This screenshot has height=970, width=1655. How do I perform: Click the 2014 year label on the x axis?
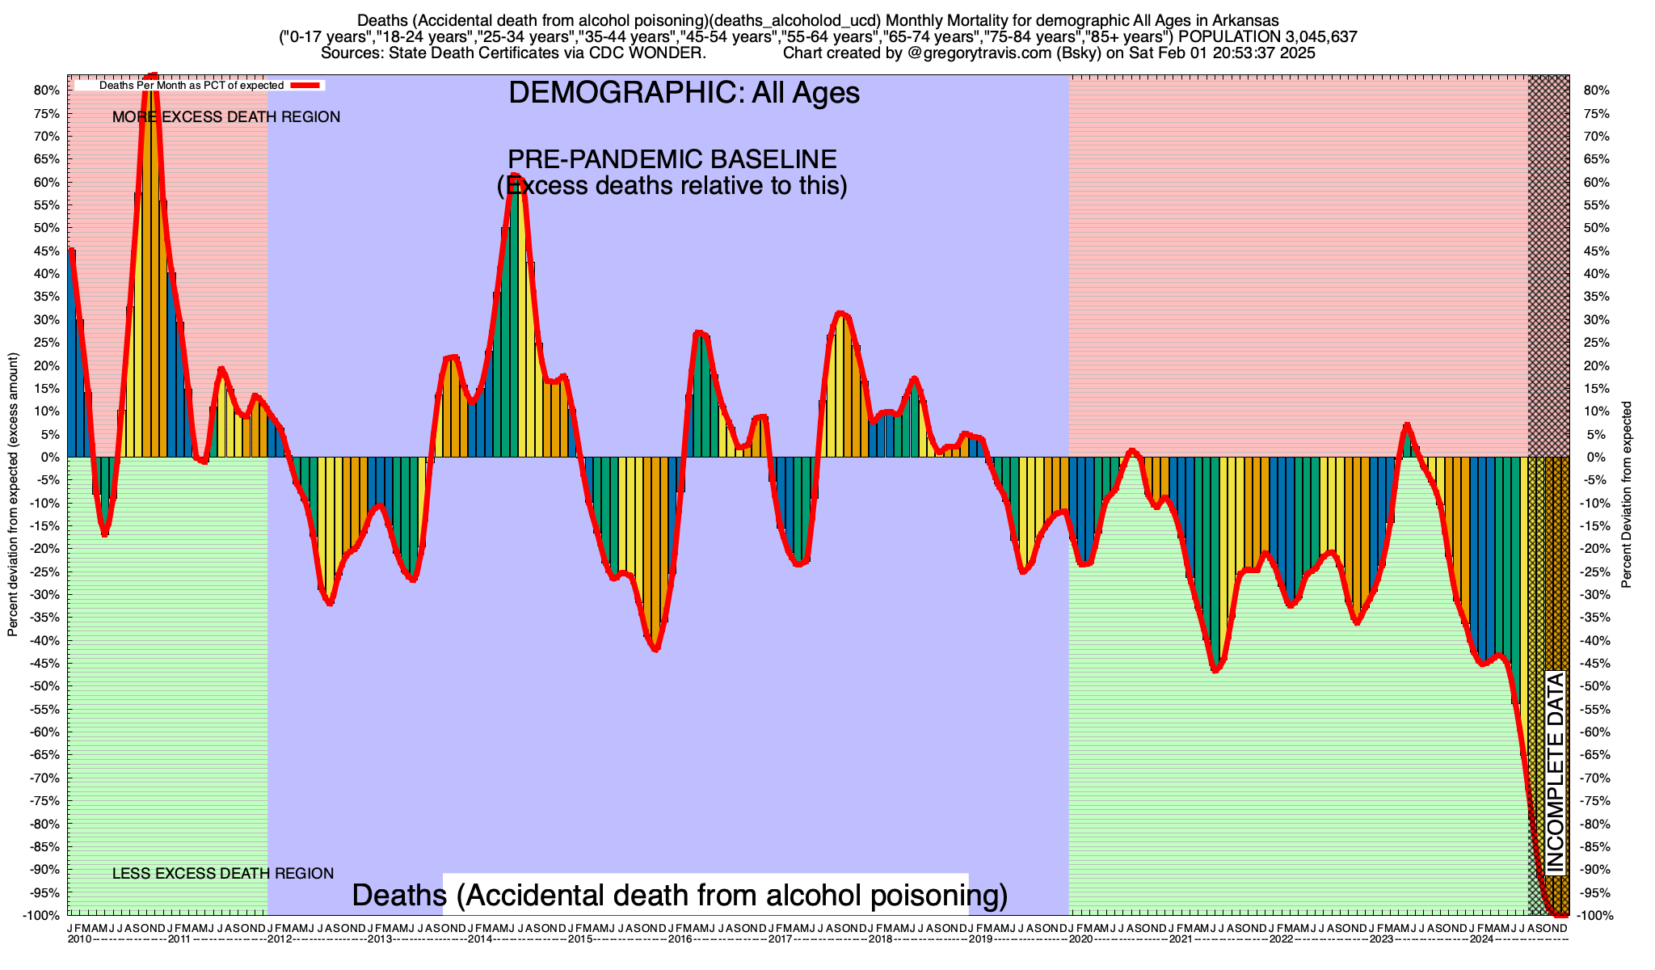coord(480,939)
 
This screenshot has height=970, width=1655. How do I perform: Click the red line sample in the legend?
coord(307,85)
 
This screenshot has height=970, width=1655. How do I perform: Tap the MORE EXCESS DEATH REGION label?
coord(226,117)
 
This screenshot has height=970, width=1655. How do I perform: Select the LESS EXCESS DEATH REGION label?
coord(223,874)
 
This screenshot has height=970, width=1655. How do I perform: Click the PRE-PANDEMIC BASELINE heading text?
coord(672,159)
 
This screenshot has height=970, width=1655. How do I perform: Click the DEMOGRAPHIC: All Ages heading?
coord(684,93)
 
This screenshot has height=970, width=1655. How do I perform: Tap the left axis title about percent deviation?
coord(13,495)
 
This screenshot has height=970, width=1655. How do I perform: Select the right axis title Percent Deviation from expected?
coord(1627,495)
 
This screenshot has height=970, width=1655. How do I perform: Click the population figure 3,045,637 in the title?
coord(1316,36)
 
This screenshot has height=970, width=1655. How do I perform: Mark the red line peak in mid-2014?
coord(516,176)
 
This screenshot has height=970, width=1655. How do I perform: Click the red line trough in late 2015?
coord(655,648)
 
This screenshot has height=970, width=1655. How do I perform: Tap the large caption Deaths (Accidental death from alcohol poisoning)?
coord(680,896)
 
